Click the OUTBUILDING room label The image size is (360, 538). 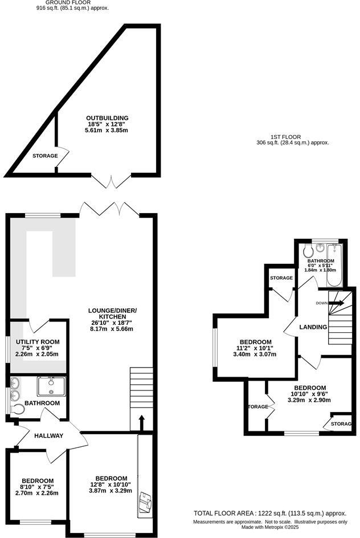(x=103, y=118)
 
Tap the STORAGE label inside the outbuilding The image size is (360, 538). (x=44, y=156)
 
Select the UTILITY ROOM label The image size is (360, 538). (x=38, y=341)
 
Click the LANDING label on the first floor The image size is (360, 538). (x=313, y=327)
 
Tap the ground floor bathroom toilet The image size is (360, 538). (x=18, y=409)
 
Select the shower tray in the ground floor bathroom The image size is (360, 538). (x=51, y=386)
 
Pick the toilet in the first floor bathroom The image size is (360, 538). (x=308, y=251)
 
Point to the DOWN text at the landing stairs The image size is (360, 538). (x=322, y=303)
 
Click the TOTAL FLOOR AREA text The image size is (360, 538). (x=270, y=512)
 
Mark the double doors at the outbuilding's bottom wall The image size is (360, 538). (x=112, y=180)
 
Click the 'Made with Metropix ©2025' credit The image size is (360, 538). (x=271, y=528)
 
